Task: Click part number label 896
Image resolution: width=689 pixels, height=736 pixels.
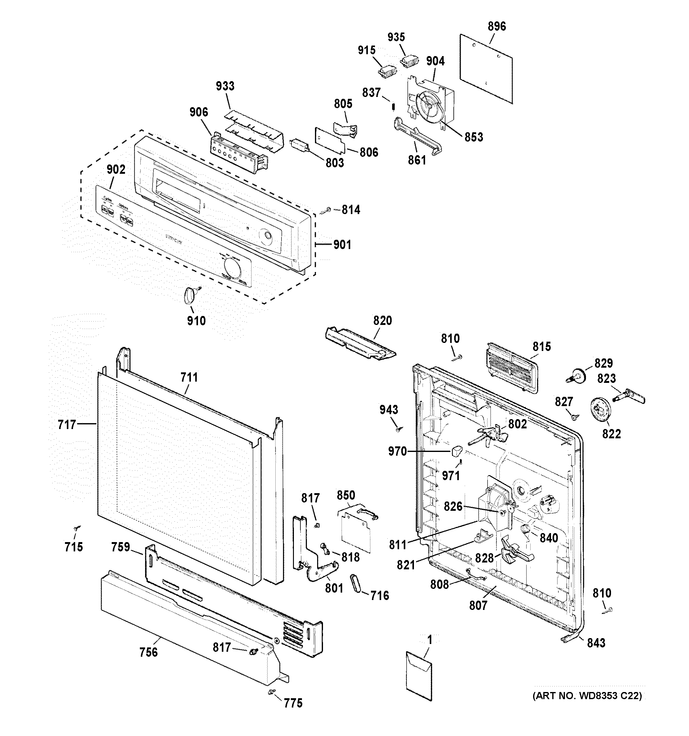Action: tap(497, 27)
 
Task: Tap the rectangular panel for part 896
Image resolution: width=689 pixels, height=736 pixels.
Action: tap(486, 69)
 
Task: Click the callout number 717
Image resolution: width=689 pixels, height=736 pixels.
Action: tap(67, 424)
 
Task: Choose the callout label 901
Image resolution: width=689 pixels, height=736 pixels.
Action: tap(342, 245)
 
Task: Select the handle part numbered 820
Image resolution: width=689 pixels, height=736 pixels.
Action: tap(360, 343)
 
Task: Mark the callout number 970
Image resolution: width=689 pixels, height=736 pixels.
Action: tap(397, 451)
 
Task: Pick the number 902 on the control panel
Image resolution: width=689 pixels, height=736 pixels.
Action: tap(116, 169)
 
